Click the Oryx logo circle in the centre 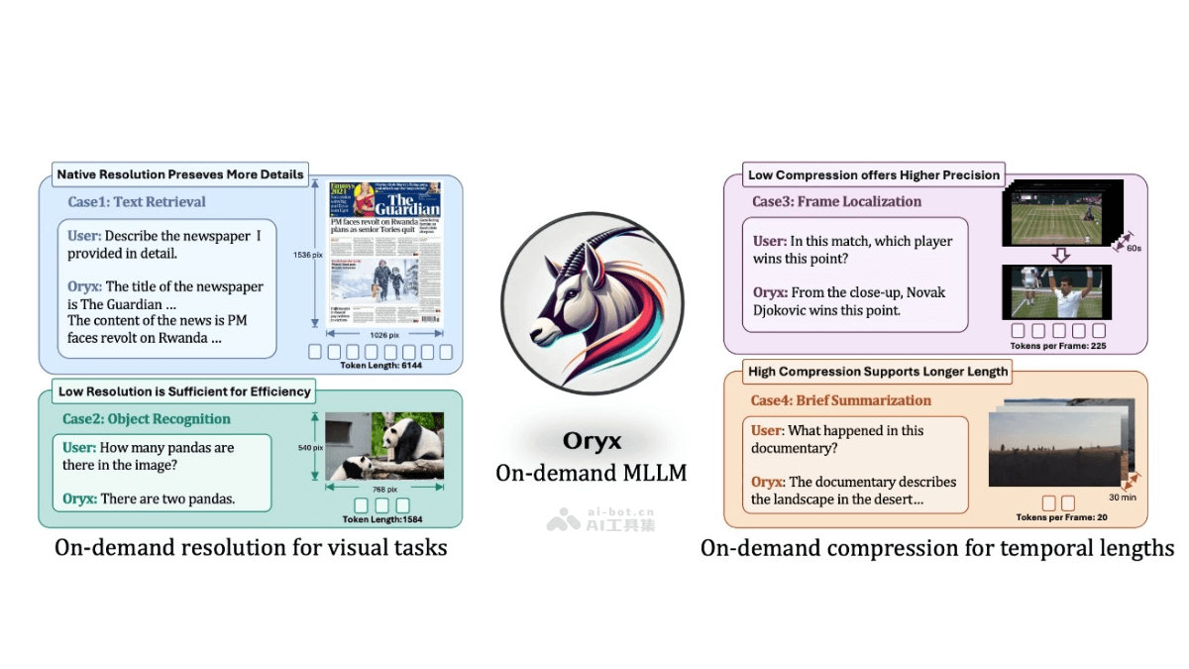(592, 304)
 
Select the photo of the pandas (384, 446)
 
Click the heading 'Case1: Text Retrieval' (137, 202)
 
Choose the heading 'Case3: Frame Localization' (836, 202)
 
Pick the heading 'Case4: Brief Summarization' (840, 401)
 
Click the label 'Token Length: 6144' (380, 366)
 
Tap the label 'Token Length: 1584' (382, 519)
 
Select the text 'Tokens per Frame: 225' (1058, 347)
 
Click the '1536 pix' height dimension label (307, 256)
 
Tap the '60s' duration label (1133, 250)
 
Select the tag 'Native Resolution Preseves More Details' (180, 174)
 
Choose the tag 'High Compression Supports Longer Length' (878, 372)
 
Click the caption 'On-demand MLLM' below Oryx (592, 473)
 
